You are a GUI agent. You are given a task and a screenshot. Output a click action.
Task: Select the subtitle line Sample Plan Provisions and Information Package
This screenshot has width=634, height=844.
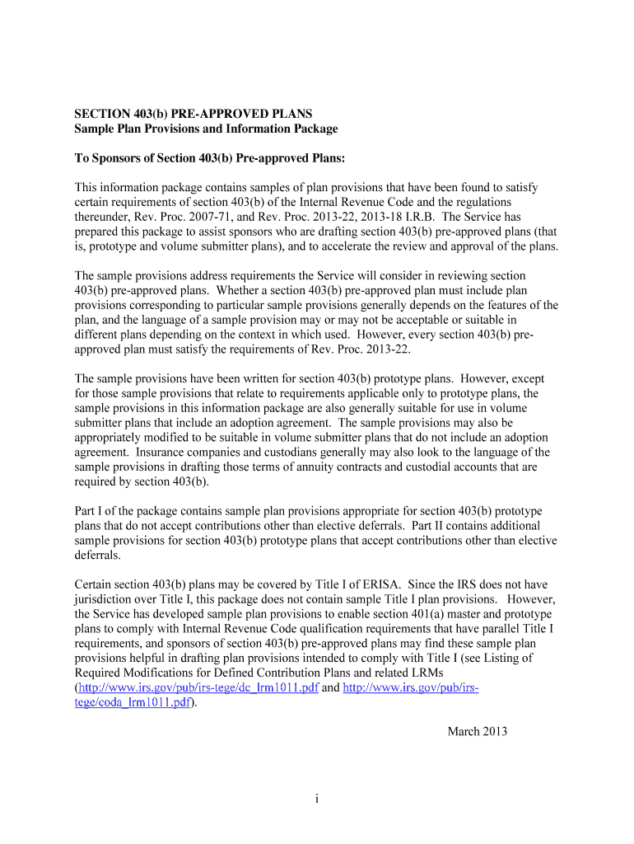point(206,129)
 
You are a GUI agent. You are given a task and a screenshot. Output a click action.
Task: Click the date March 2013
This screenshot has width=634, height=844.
point(477,731)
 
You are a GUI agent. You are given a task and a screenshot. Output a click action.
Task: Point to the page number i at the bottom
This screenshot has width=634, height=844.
point(316,798)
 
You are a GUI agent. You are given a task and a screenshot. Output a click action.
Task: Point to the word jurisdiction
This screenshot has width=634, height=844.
point(105,599)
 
